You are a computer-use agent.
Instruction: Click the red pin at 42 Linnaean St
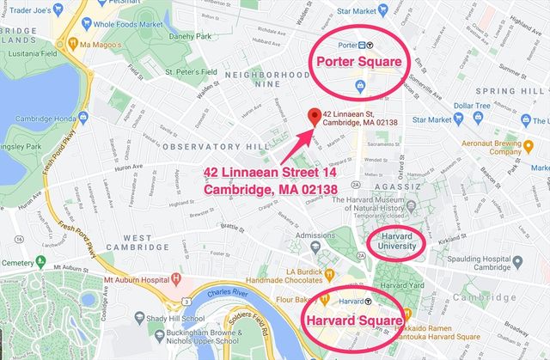pyautogui.click(x=315, y=116)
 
